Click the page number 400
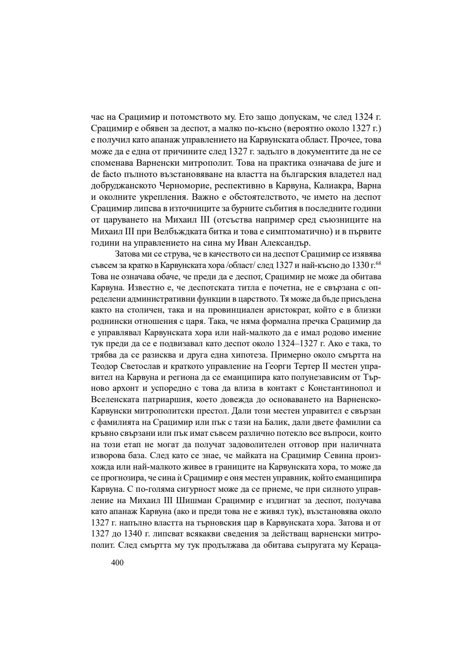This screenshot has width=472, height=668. [x=118, y=563]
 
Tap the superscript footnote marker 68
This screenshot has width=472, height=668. [x=378, y=264]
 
